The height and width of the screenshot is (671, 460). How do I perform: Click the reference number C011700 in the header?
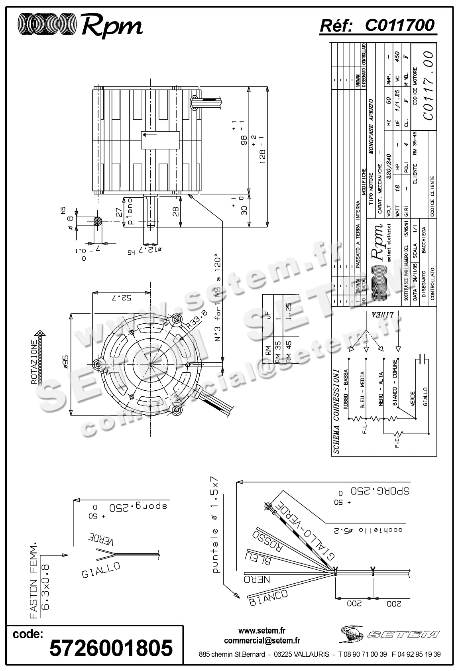coord(399,26)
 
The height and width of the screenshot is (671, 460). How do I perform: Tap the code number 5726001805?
coord(111,647)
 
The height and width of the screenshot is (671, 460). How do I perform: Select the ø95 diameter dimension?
coord(66,363)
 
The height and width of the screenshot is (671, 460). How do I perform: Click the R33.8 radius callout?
coord(196,319)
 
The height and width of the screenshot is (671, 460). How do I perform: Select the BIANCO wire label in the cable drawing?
coord(268,598)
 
